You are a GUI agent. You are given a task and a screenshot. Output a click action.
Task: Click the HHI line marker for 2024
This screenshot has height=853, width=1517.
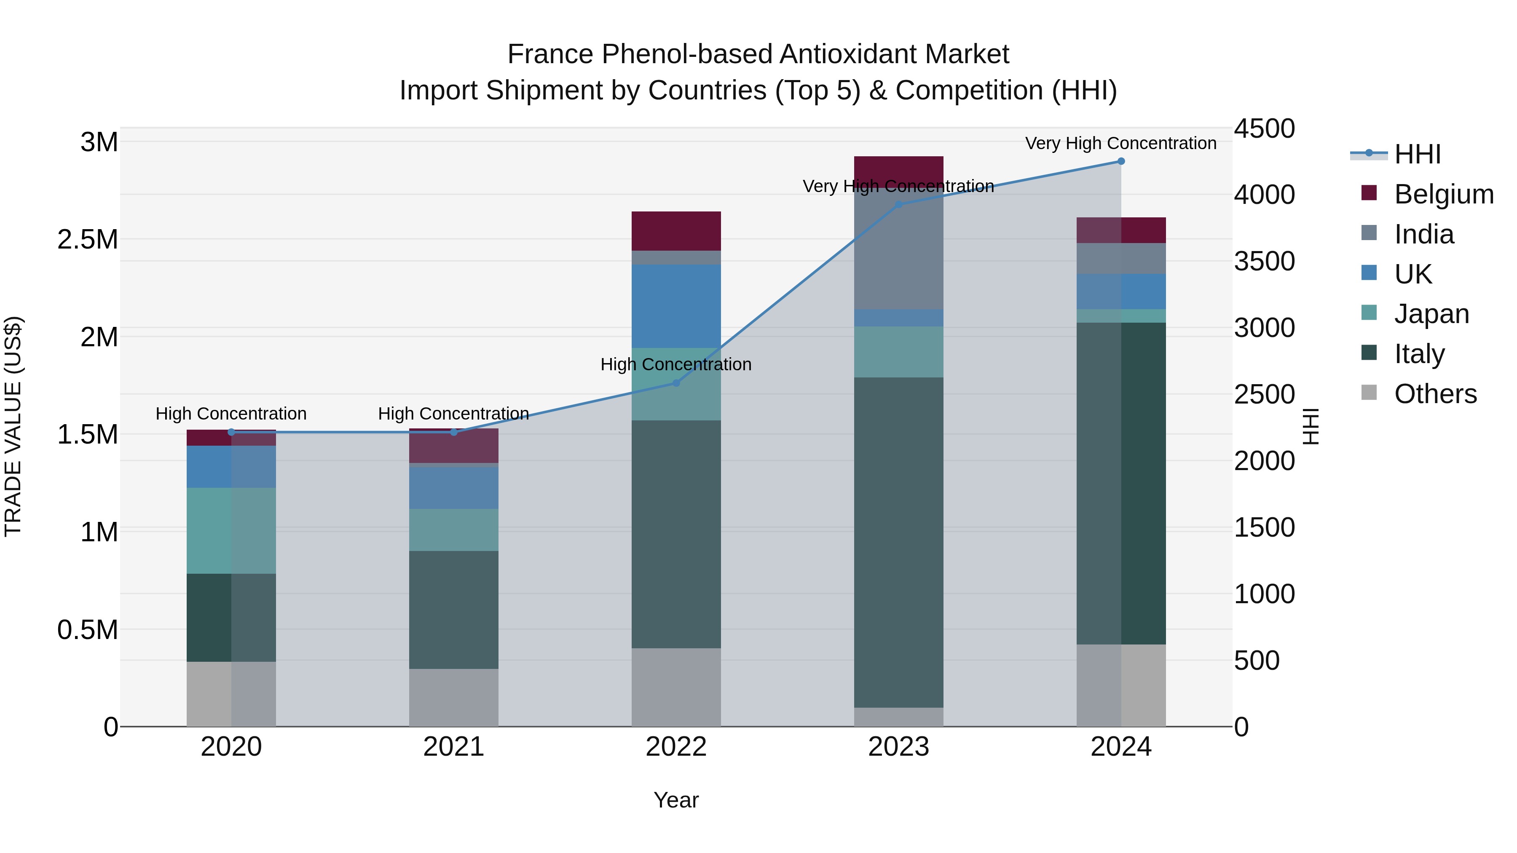1120,161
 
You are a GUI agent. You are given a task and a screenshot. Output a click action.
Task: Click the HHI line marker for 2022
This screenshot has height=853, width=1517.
676,383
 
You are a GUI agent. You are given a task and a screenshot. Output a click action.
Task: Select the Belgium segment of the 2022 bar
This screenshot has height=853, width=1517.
676,231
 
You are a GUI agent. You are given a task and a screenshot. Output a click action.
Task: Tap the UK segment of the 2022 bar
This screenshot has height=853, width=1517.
676,306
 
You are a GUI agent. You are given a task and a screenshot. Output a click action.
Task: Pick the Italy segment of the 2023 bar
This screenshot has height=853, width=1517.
899,542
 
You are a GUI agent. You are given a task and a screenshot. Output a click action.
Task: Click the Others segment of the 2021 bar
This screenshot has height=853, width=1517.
453,697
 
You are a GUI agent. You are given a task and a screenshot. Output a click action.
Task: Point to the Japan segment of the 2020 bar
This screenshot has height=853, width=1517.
231,530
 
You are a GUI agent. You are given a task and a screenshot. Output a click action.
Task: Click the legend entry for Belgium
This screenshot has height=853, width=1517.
1443,194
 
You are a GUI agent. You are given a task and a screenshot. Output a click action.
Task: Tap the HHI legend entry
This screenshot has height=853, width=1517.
1417,154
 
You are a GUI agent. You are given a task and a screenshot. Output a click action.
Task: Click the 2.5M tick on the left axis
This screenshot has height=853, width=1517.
88,240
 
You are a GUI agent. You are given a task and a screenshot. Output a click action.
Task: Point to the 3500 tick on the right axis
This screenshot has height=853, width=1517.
1264,261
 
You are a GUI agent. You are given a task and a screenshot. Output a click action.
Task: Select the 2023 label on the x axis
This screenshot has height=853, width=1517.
899,747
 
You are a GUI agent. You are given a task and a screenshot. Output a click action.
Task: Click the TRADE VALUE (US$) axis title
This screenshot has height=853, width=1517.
13,426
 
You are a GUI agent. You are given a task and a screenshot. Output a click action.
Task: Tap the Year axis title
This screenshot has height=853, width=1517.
676,800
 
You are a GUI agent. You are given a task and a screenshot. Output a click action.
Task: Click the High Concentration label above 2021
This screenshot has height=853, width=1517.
453,414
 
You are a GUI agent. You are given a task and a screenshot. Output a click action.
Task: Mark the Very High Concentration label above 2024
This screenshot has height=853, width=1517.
1120,143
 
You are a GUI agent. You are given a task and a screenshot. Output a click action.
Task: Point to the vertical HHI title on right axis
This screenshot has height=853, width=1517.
1311,426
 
